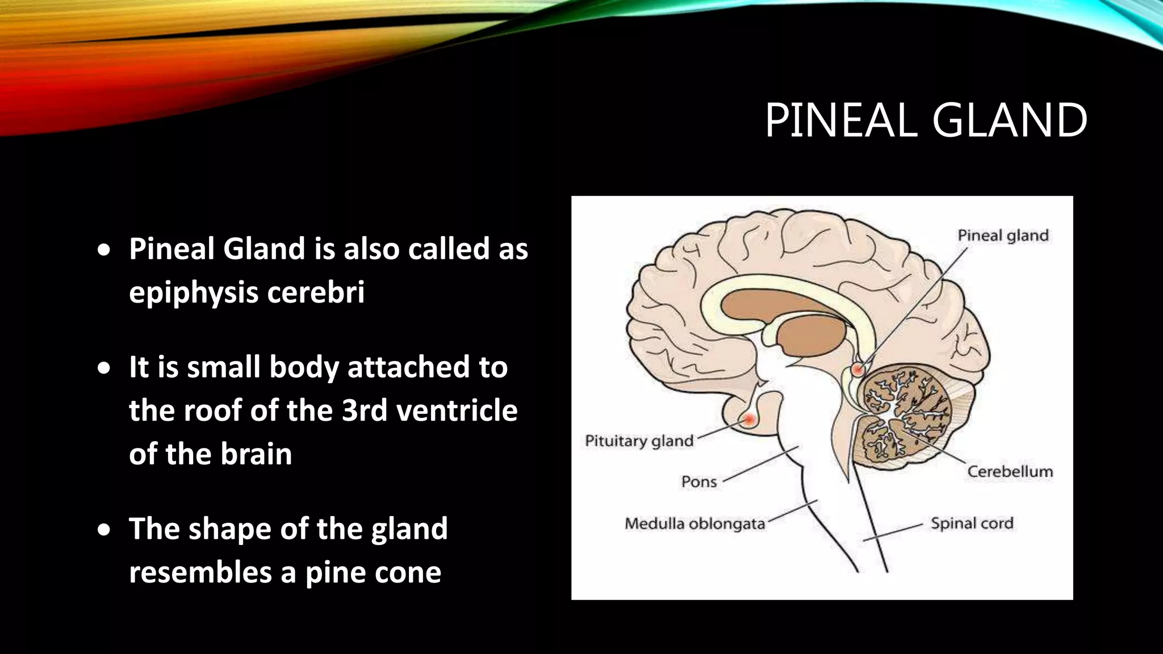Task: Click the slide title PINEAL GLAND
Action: [x=926, y=120]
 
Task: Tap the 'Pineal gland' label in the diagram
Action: [x=1003, y=236]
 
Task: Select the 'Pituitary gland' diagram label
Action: [x=639, y=441]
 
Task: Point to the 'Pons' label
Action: [x=699, y=482]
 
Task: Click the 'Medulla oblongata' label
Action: [x=695, y=523]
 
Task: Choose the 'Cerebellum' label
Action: [x=1010, y=472]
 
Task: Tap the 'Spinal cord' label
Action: [x=972, y=523]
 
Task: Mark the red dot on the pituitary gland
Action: [x=750, y=420]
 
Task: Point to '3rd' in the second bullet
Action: [x=365, y=410]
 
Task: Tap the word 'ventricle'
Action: [x=457, y=410]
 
